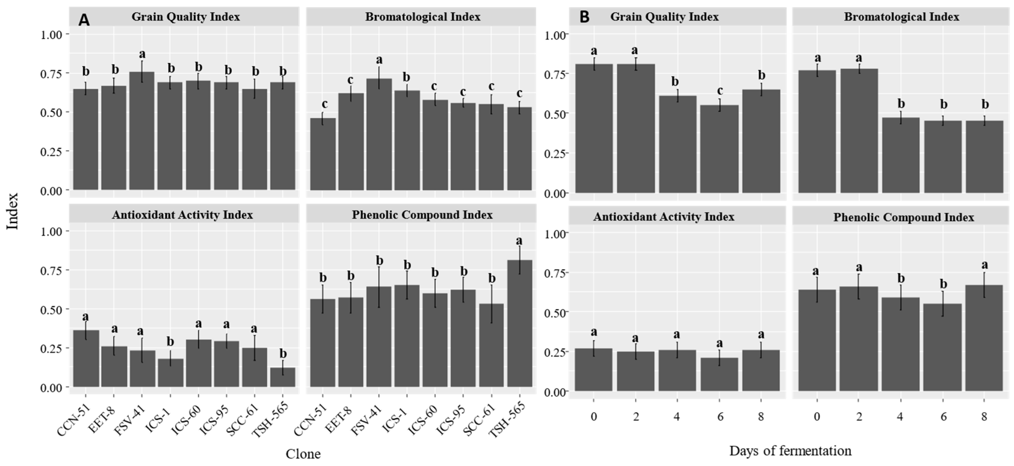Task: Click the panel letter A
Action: click(84, 20)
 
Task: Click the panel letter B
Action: click(585, 17)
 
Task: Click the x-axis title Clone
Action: click(303, 454)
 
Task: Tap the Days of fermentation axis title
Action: click(790, 450)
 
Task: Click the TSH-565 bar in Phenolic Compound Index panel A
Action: click(519, 324)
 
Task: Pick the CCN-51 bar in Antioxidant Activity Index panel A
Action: click(86, 358)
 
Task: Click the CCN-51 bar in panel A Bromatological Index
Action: click(323, 154)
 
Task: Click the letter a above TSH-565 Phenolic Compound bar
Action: click(519, 240)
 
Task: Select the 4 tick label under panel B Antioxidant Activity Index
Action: click(677, 416)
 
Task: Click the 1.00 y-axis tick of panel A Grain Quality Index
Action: click(51, 34)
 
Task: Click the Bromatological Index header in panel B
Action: click(901, 17)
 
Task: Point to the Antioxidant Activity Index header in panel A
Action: click(183, 214)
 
